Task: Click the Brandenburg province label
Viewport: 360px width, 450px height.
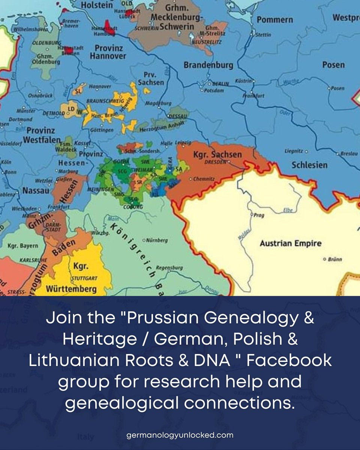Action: click(x=208, y=65)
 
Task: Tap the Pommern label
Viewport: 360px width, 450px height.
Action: click(x=275, y=20)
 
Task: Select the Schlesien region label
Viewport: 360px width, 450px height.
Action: click(x=309, y=165)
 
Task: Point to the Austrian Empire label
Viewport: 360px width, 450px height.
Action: click(x=291, y=243)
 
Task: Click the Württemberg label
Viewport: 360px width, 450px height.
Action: click(x=71, y=289)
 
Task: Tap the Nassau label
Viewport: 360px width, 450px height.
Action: click(x=36, y=190)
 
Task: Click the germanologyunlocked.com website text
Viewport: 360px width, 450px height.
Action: click(x=180, y=435)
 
